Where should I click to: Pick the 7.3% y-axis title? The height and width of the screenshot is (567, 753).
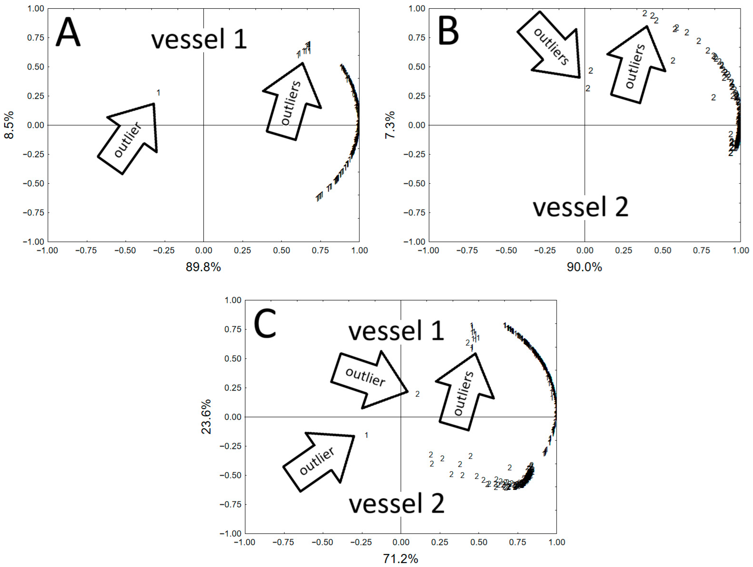[390, 125]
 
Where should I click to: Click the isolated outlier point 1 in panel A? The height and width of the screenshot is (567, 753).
[158, 93]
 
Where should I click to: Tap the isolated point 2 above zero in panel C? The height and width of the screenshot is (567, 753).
[417, 394]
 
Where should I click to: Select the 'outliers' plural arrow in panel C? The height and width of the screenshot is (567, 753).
[465, 392]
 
